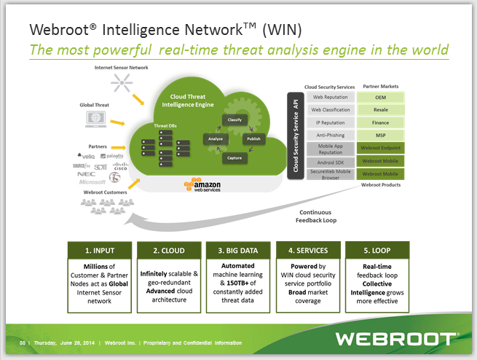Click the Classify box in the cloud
(x=234, y=119)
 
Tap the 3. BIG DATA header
(x=238, y=249)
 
